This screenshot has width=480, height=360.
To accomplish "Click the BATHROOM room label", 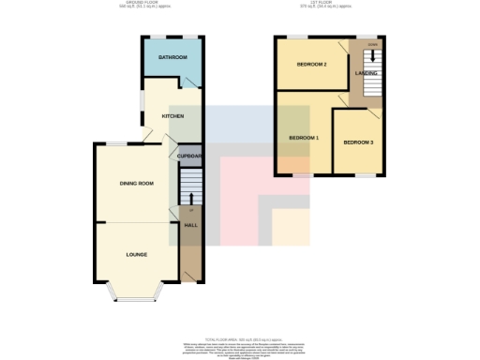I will point(172,58).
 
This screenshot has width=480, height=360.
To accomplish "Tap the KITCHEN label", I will point(172,116).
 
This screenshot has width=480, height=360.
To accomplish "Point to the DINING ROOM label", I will point(136,183).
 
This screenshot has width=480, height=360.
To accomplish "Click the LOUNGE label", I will point(137,254).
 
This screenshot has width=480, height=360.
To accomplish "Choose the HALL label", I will point(190,226).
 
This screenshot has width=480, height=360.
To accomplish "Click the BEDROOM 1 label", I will point(304,138).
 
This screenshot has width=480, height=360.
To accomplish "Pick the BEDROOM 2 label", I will point(311,65).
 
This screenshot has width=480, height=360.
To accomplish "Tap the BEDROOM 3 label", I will point(358,142).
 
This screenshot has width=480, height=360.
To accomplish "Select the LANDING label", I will point(367,73).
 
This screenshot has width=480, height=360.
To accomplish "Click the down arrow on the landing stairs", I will point(374,54).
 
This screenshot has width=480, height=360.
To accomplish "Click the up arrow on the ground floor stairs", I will point(190,197).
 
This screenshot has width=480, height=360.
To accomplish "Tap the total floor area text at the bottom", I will point(240,338).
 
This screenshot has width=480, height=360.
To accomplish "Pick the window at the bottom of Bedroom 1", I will point(300,176).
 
